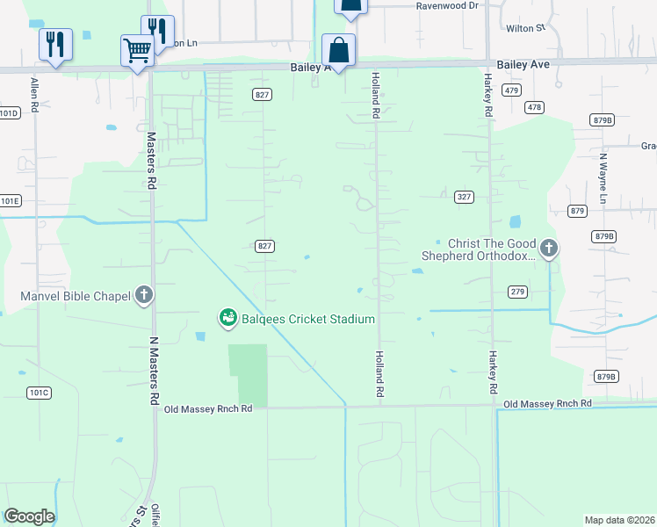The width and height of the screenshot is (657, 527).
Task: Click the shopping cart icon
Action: [x=137, y=51]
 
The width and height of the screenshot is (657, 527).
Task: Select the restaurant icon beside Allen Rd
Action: [x=54, y=44]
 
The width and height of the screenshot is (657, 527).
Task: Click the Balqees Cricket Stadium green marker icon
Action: [x=227, y=317]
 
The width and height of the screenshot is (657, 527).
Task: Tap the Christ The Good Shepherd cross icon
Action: [x=549, y=249]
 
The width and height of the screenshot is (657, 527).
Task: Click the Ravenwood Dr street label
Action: [x=447, y=5]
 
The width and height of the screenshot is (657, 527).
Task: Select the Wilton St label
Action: [x=526, y=28]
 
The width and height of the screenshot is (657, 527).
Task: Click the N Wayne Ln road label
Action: [x=603, y=180]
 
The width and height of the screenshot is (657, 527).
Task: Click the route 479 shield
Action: [x=512, y=90]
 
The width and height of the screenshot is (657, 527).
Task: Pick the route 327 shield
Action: [x=465, y=197]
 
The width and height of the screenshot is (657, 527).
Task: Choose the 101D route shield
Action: [x=9, y=113]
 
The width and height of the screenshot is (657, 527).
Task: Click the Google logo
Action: [x=29, y=516]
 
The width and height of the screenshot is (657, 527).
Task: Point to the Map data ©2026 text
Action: [x=618, y=519]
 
